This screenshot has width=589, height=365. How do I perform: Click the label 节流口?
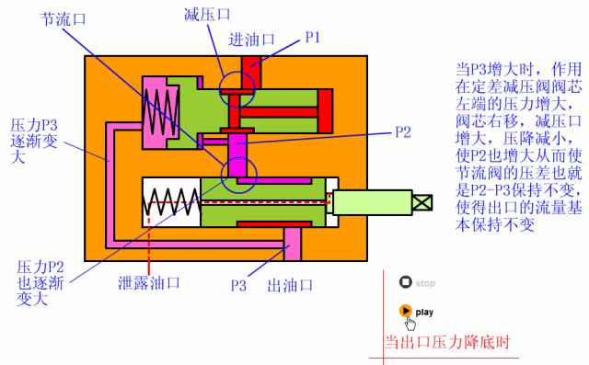[x=64, y=19]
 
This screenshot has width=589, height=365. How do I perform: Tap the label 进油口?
[x=252, y=40]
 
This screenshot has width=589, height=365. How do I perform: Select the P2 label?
[x=402, y=131]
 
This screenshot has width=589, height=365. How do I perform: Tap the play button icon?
[x=406, y=311]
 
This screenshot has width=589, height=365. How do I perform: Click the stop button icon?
[x=405, y=283]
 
